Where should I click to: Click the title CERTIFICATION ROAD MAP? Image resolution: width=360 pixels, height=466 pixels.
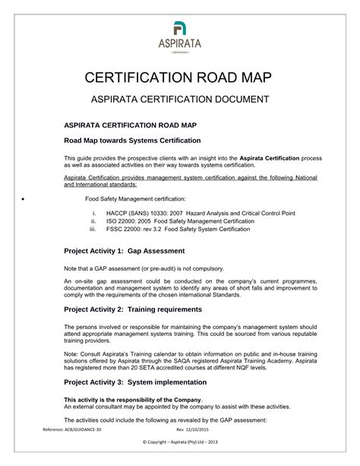tap(180, 79)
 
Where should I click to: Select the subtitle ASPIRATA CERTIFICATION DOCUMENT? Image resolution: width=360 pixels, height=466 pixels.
tap(180, 100)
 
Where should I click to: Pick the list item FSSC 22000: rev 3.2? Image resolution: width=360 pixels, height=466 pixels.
tap(178, 229)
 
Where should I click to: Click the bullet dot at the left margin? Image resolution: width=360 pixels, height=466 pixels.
tap(27, 198)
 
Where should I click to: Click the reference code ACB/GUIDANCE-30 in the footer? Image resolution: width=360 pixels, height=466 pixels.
tap(73, 430)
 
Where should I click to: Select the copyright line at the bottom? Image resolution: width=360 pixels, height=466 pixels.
tap(180, 442)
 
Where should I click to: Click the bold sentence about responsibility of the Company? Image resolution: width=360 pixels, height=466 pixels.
tap(133, 400)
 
